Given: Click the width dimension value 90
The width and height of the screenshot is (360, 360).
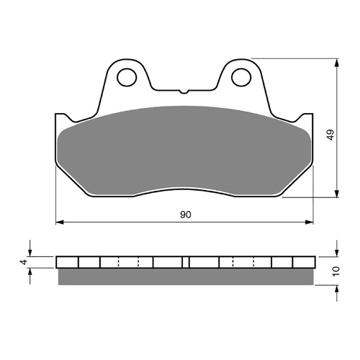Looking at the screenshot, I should [x=186, y=215].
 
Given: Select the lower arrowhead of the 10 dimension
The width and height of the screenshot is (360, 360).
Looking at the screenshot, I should [x=337, y=288].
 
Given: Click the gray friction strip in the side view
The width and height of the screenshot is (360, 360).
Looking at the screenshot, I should [x=186, y=276].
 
